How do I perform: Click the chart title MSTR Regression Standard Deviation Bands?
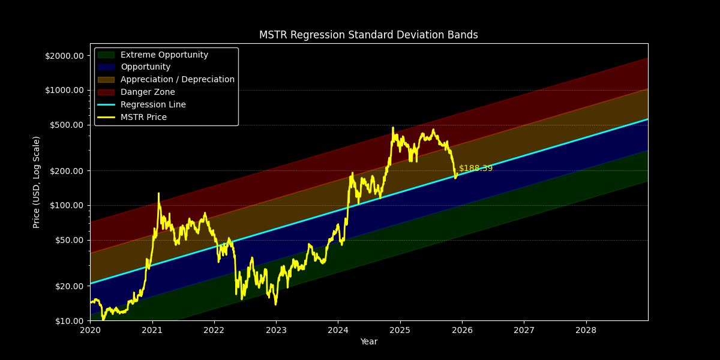(x=368, y=35)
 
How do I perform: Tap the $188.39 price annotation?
(x=475, y=169)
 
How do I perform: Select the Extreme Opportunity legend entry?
(x=164, y=55)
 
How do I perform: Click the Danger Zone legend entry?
(x=148, y=92)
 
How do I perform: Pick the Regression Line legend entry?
(x=153, y=105)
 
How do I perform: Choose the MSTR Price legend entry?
(x=143, y=118)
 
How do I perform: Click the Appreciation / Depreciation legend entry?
(x=178, y=80)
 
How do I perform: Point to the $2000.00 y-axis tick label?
(x=64, y=56)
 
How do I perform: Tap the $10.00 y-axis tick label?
(x=68, y=320)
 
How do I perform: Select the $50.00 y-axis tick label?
(x=68, y=240)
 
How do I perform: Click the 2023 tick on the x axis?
(x=276, y=330)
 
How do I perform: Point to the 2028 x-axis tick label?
(x=586, y=330)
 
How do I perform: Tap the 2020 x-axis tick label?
(x=90, y=330)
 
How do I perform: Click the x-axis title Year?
(x=368, y=342)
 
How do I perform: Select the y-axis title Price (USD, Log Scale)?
(x=37, y=182)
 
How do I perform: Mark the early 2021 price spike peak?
(x=158, y=194)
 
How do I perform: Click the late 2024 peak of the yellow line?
(x=393, y=128)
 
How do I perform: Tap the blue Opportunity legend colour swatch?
(x=106, y=67)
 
